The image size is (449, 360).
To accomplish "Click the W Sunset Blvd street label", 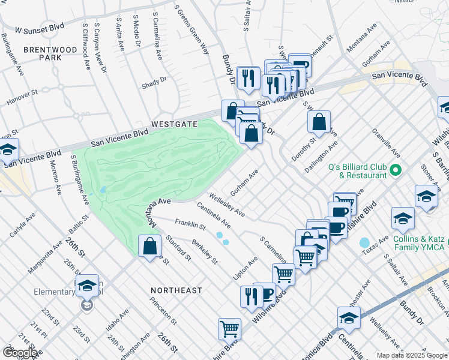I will (x=40, y=28).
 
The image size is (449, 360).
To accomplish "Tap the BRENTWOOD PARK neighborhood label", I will (x=43, y=53).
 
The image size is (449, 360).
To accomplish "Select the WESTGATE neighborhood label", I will (x=174, y=124).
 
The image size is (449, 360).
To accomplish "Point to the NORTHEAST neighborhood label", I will (x=176, y=290).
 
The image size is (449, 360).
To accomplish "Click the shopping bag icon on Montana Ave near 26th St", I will (x=149, y=246).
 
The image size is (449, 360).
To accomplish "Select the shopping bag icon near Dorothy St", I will (x=319, y=122).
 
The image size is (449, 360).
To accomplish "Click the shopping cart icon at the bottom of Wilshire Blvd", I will (x=229, y=329).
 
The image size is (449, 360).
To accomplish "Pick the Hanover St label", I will (x=22, y=94).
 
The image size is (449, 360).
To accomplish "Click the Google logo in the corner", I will (x=20, y=353).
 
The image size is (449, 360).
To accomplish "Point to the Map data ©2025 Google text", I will (x=411, y=355).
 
